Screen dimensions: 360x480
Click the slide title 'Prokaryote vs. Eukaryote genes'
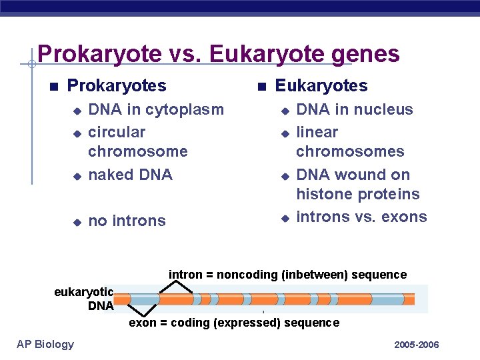[218, 53]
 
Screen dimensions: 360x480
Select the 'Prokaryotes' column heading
[117, 86]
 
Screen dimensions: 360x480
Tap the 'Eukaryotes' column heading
[321, 86]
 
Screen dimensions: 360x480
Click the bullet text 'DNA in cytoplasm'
[156, 109]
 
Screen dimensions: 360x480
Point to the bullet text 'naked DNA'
[130, 175]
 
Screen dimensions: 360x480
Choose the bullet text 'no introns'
[127, 221]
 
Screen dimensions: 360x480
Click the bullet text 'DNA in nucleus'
[354, 109]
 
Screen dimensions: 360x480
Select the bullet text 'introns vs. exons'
[361, 217]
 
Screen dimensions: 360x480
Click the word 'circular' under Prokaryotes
[117, 132]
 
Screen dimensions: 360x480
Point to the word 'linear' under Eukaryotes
[317, 132]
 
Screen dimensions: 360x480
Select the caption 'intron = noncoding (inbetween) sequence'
[287, 275]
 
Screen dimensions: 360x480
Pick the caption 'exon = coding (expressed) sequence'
[234, 323]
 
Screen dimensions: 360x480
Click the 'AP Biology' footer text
[45, 344]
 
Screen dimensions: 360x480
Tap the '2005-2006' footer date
[417, 345]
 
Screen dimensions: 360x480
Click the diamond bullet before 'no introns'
[77, 221]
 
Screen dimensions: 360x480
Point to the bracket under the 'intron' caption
[175, 287]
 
